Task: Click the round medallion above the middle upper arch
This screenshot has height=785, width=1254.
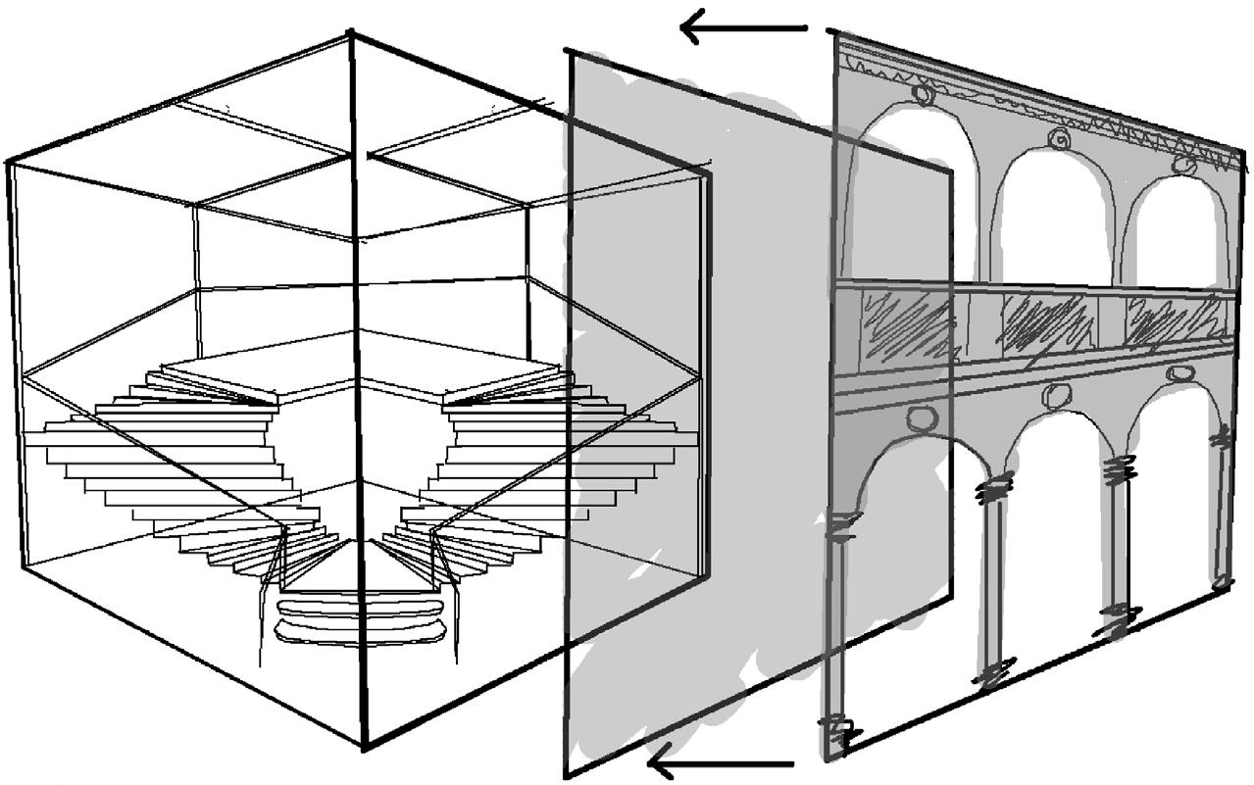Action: point(1058,139)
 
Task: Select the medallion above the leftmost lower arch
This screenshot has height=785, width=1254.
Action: point(922,419)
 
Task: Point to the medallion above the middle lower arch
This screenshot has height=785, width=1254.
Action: point(1056,396)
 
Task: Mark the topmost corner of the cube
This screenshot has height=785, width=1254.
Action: point(351,34)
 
